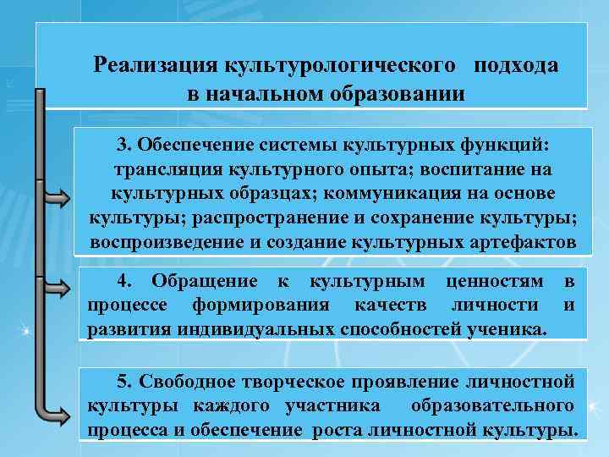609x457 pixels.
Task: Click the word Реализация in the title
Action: click(156, 65)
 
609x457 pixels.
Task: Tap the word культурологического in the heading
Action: click(343, 65)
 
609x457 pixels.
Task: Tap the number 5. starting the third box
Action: click(124, 380)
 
